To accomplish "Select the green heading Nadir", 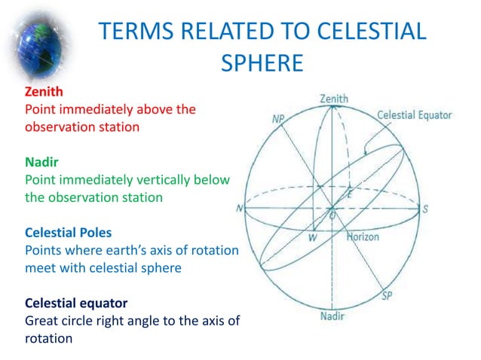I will (41, 163).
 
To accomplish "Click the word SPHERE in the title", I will (262, 63).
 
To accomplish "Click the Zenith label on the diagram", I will (333, 99).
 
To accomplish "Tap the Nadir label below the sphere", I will (332, 316).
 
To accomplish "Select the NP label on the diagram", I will (278, 119).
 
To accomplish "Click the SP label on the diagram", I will (387, 294).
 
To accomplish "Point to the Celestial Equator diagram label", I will (414, 115).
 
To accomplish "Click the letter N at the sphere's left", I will (240, 209).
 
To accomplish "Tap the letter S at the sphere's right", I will (425, 209).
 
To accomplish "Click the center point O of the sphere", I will (332, 214).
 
